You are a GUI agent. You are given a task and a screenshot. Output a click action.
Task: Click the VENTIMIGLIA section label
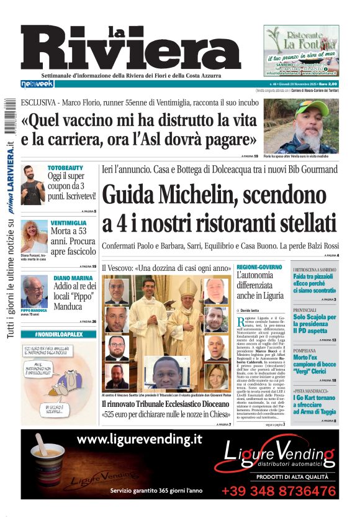click(68, 222)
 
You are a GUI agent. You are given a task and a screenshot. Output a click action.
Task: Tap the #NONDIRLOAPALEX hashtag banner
click(58, 334)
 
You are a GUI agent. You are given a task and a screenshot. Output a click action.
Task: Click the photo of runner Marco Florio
click(308, 126)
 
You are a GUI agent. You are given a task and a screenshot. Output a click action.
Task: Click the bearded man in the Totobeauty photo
click(33, 184)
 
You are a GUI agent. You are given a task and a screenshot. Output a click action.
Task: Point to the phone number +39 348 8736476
click(278, 491)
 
